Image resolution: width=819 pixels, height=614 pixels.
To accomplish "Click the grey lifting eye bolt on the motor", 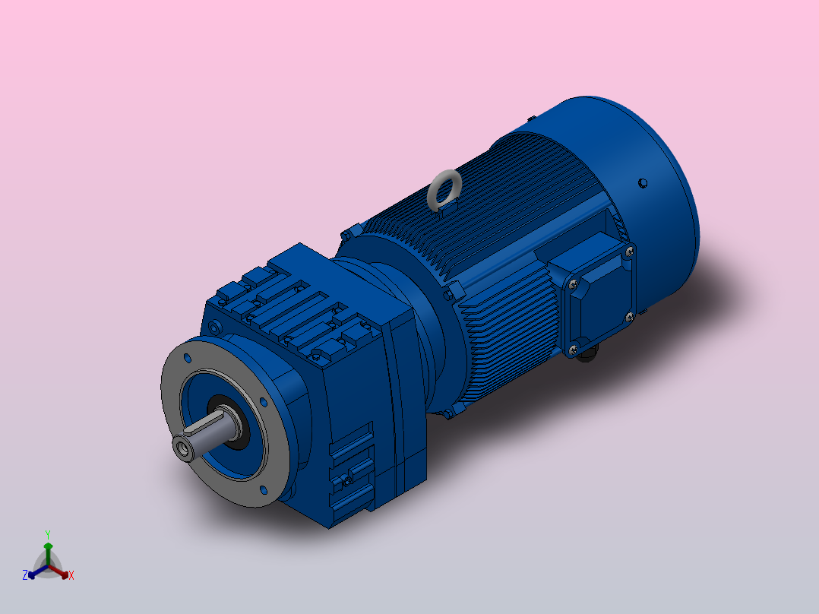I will point(444,188).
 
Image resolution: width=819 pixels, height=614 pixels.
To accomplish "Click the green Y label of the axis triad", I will point(47,534).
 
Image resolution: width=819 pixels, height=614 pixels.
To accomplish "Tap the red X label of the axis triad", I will point(71,576).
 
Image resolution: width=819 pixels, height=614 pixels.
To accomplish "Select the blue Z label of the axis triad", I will point(24,576).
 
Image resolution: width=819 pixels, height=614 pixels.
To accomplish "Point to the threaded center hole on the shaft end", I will point(185,449).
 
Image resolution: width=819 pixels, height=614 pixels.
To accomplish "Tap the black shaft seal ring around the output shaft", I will point(242,426).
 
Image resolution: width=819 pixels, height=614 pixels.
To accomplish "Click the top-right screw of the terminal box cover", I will point(628,251).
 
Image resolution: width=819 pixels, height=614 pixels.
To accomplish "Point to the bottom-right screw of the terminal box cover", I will point(629,315).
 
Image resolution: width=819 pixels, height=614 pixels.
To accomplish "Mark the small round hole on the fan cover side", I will point(643,182).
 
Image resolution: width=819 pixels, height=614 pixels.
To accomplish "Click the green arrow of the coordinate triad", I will point(47,550).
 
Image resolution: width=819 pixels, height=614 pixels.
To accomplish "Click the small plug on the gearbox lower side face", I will point(348,480).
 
